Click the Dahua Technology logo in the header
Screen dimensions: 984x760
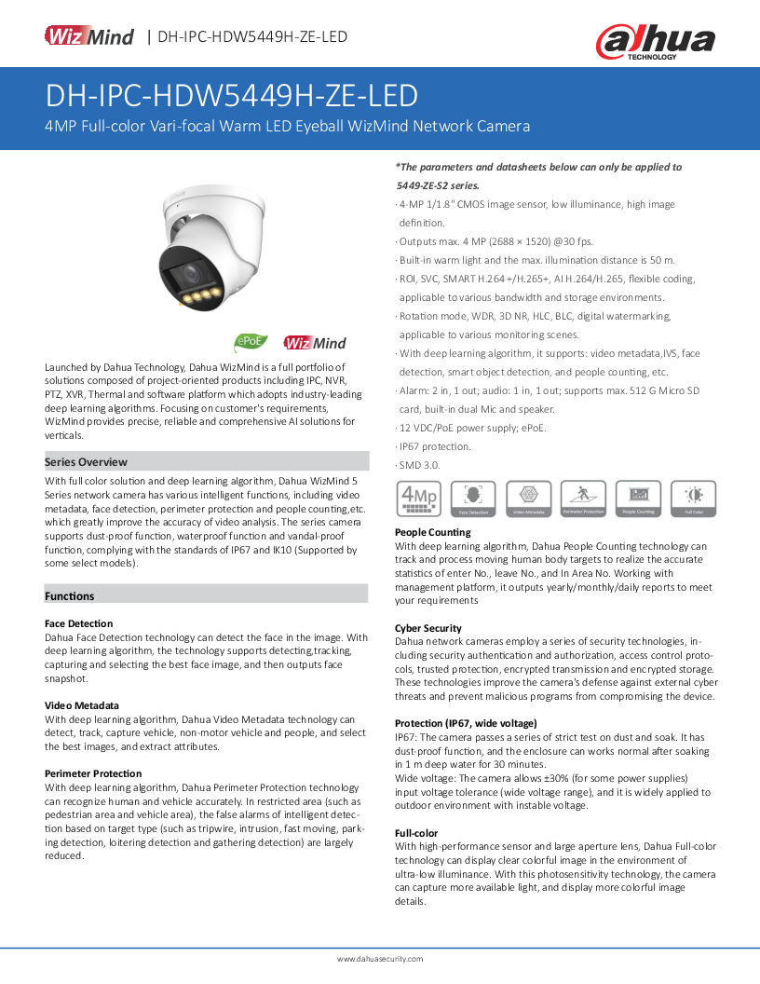655,41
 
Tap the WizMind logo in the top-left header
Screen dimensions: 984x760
89,36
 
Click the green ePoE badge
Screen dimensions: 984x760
251,342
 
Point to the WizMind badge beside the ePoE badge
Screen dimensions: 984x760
315,343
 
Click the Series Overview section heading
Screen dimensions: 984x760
87,462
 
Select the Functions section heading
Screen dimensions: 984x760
70,596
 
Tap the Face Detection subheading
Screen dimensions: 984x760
79,623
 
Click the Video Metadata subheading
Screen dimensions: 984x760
82,705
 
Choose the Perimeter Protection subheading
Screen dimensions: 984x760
93,773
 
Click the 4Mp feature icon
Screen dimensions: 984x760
418,499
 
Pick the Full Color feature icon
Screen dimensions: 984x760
694,499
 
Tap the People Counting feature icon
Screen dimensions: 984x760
639,499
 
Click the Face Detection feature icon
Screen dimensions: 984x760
473,499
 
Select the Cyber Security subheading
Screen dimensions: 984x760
428,628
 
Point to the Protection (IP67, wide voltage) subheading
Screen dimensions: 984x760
466,723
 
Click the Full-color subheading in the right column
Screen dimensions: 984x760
416,833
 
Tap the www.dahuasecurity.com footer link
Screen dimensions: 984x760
380,959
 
